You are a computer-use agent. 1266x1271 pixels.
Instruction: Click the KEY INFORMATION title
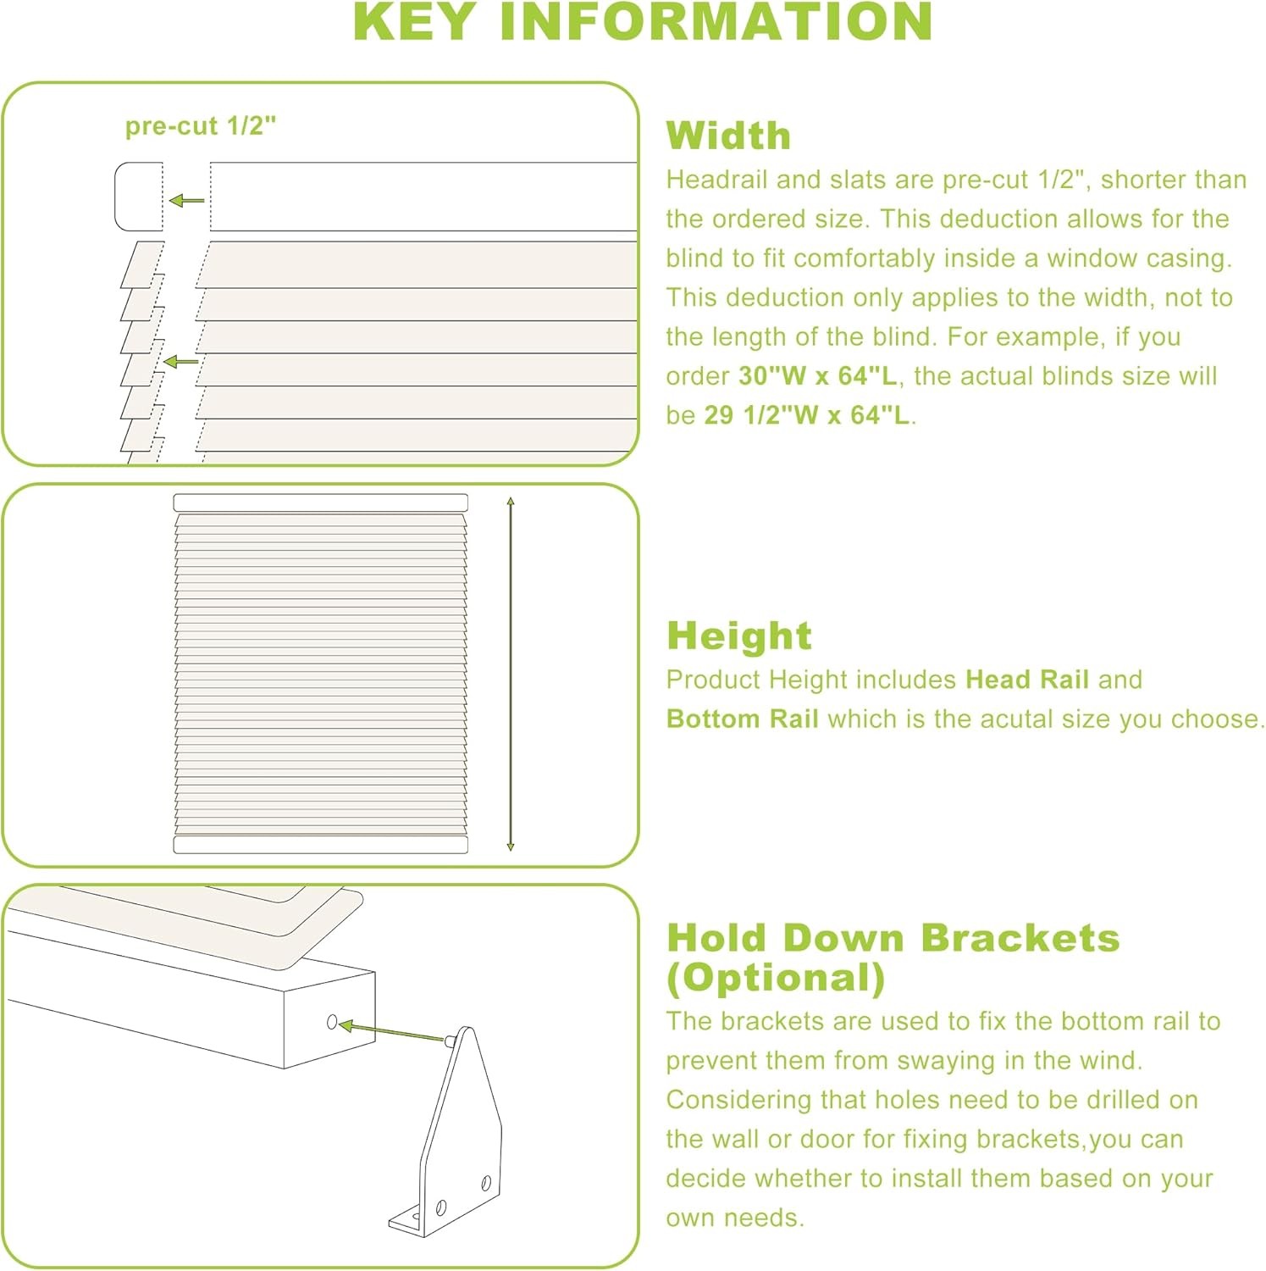[x=643, y=22]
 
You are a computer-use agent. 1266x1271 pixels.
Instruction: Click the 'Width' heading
[x=728, y=136]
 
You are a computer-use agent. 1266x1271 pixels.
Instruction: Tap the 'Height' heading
[x=738, y=635]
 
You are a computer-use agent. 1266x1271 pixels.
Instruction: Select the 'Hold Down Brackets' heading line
[x=893, y=938]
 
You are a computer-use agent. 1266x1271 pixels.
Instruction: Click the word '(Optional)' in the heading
[x=776, y=978]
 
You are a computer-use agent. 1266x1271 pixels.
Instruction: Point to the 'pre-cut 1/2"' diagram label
[x=201, y=126]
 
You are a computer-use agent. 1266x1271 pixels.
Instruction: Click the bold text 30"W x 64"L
[x=817, y=375]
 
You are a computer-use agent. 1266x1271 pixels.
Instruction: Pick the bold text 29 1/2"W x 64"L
[x=807, y=414]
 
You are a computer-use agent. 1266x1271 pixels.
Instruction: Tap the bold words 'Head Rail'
[x=1027, y=680]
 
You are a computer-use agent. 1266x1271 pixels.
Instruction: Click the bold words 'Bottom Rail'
[x=742, y=719]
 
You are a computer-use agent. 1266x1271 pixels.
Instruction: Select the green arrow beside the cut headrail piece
[x=186, y=201]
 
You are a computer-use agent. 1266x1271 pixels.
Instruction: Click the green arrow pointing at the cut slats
[x=180, y=362]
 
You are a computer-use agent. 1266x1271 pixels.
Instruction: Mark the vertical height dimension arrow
[x=510, y=674]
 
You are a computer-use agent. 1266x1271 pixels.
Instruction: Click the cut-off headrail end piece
[x=139, y=196]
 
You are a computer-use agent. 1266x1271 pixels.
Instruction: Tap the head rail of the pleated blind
[x=321, y=502]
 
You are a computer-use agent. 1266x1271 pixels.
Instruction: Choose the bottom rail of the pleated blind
[x=321, y=844]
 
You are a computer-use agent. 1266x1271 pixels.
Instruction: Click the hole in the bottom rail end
[x=332, y=1023]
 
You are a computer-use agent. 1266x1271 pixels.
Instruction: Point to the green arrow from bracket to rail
[x=393, y=1031]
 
